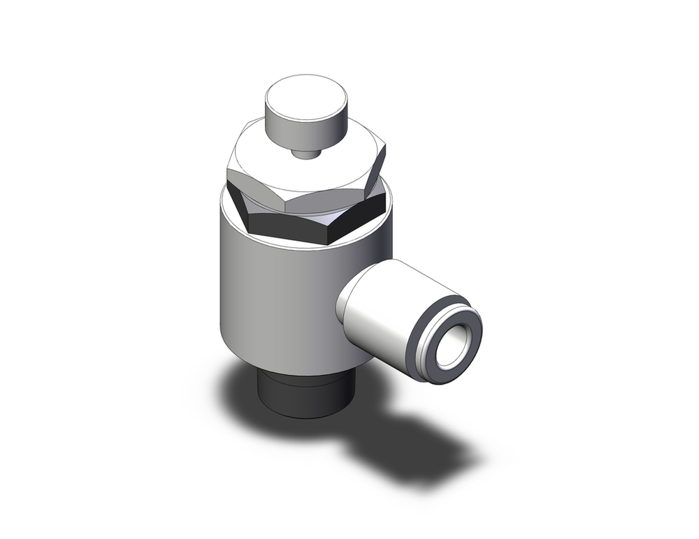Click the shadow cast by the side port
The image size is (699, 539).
419,447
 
